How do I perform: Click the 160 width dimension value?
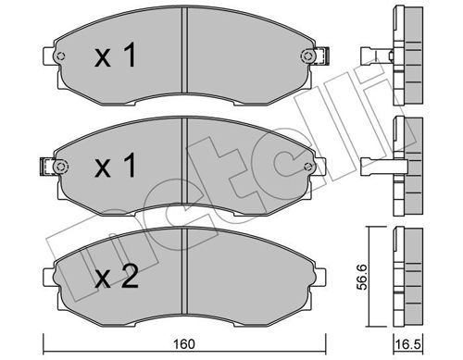click(x=184, y=344)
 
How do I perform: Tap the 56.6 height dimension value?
click(x=362, y=277)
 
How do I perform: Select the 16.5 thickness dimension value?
click(x=408, y=344)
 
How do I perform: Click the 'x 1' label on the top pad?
click(x=115, y=56)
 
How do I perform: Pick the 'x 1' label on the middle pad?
click(x=115, y=166)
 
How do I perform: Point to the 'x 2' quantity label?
click(x=116, y=277)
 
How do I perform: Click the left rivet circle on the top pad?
click(x=60, y=56)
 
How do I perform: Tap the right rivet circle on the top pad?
click(x=307, y=56)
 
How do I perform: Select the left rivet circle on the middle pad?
click(x=60, y=167)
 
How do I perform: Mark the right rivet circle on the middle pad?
click(x=307, y=167)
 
